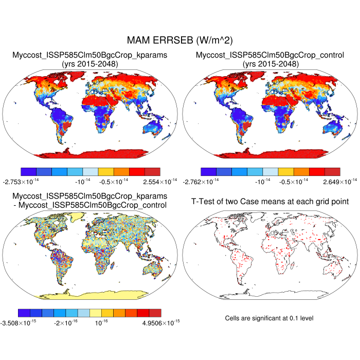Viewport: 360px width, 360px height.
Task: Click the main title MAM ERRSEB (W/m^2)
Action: coord(180,40)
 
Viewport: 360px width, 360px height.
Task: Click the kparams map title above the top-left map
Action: coord(90,55)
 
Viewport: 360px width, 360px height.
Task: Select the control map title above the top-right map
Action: coord(270,55)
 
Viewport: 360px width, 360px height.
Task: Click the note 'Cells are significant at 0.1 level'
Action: coord(269,318)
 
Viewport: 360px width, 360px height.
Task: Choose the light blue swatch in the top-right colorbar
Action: coord(271,171)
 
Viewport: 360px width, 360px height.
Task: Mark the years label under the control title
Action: coord(270,64)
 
